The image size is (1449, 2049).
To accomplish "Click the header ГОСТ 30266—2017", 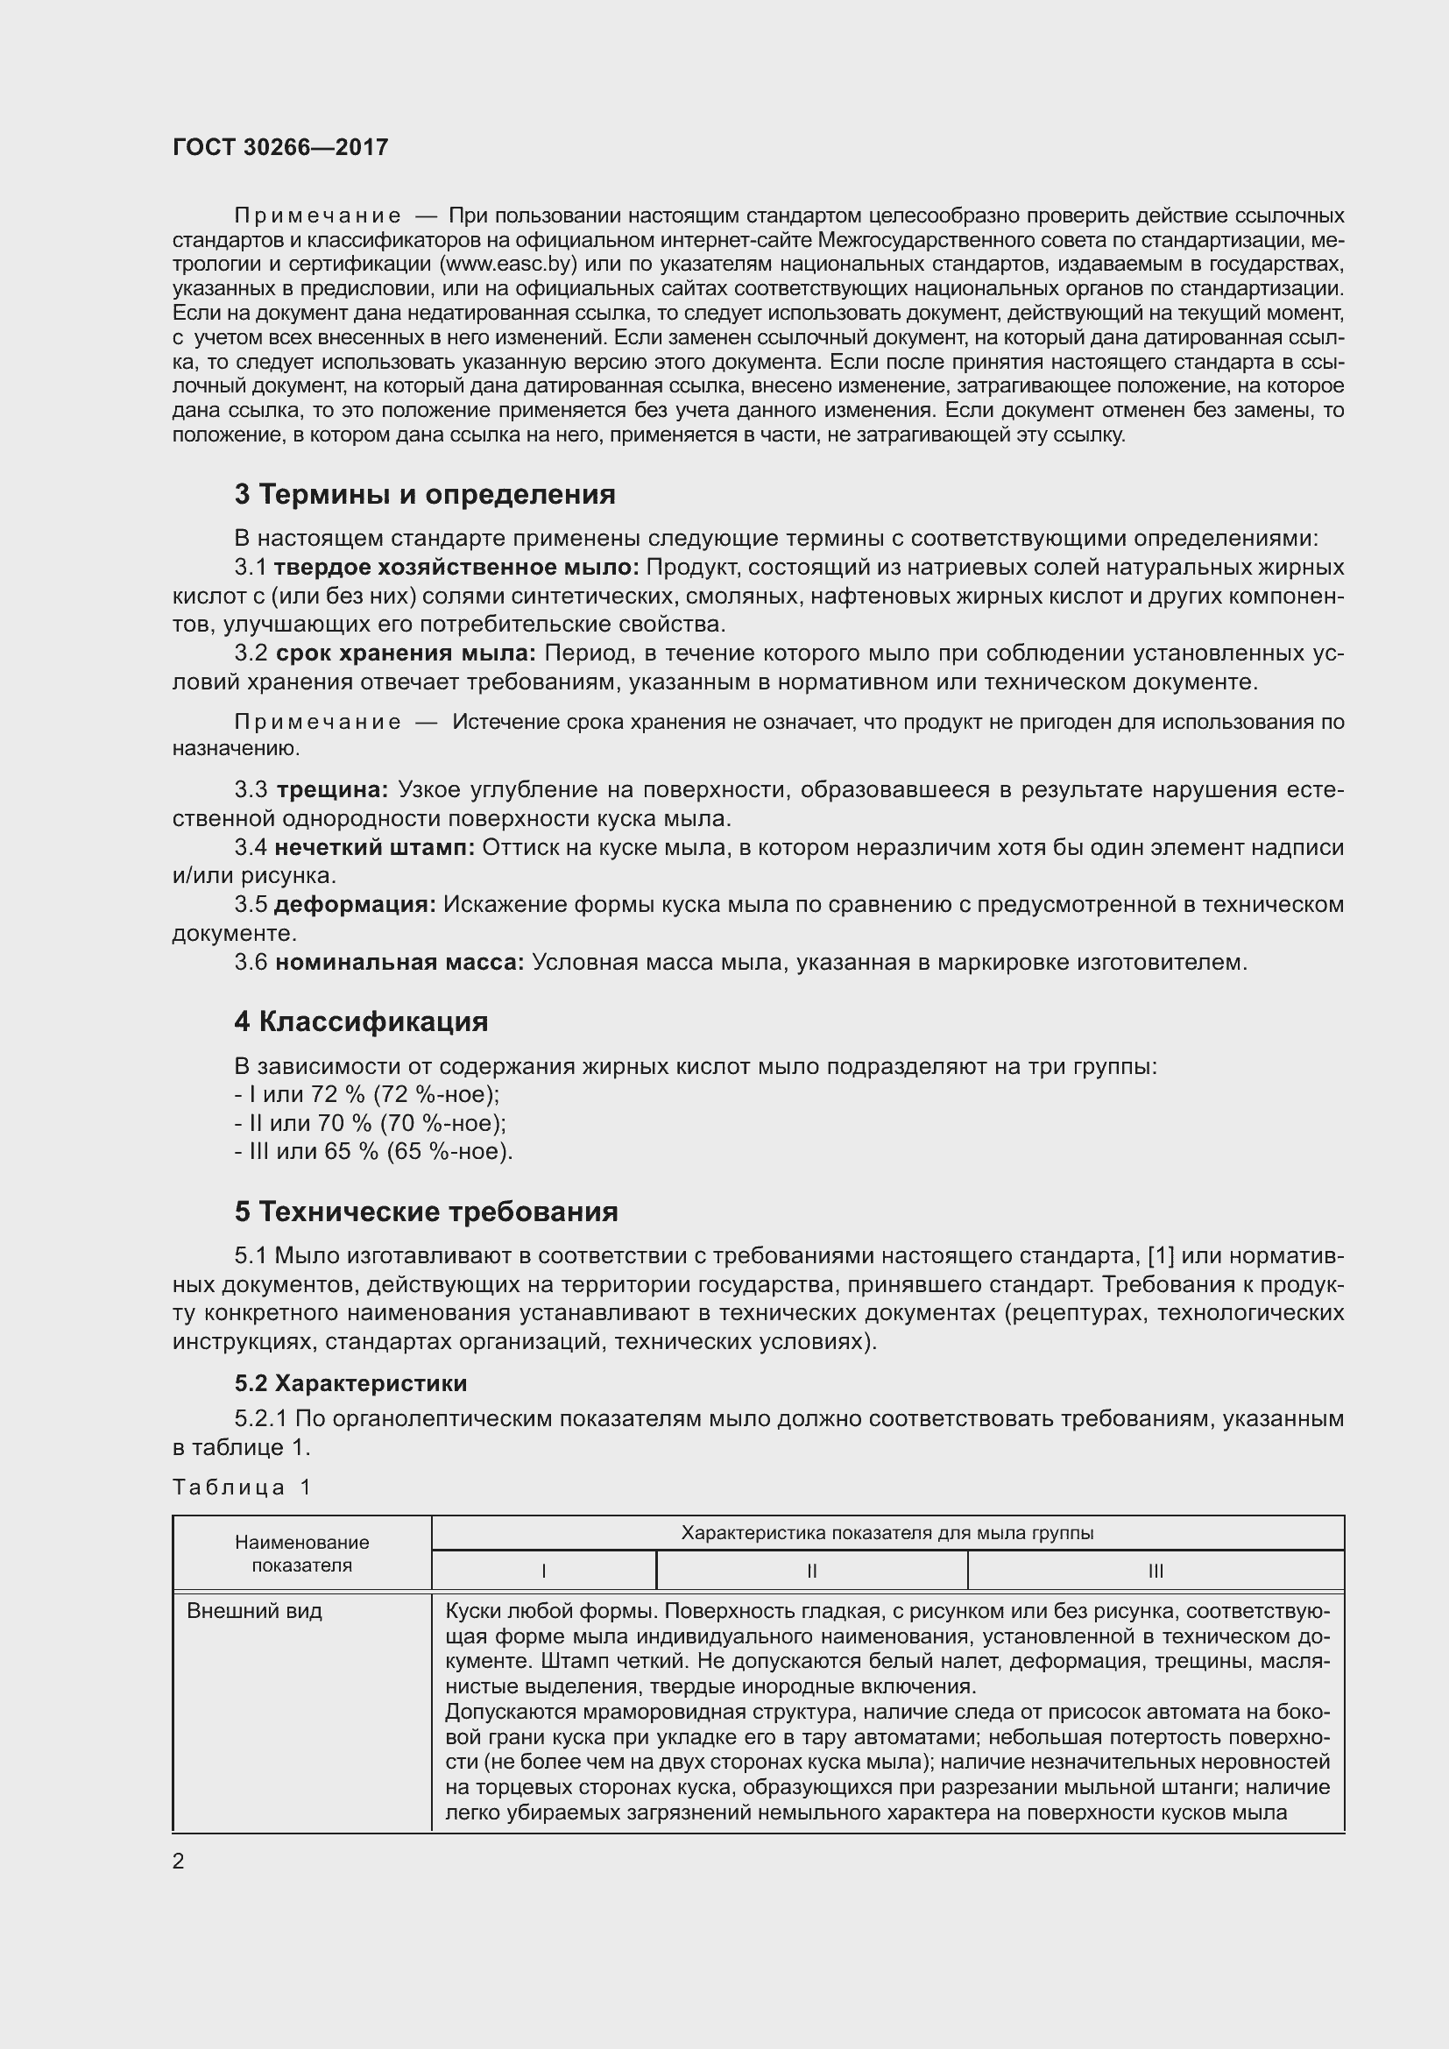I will (280, 147).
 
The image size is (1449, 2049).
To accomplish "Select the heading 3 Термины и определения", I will (425, 494).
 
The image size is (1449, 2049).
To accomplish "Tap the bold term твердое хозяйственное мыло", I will (456, 568).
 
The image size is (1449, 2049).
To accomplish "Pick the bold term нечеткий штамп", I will (375, 847).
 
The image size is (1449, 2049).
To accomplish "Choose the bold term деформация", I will (355, 904).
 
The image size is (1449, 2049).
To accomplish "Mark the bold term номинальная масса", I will (399, 962).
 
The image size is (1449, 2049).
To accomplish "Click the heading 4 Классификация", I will (361, 1021).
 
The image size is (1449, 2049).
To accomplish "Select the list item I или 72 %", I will (367, 1094).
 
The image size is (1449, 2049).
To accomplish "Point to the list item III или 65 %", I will (374, 1151).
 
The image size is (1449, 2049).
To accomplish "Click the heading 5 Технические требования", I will (427, 1212).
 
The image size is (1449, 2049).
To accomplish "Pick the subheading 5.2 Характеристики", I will (350, 1384).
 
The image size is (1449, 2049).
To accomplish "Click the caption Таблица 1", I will (242, 1487).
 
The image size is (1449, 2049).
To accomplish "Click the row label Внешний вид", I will (254, 1612).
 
